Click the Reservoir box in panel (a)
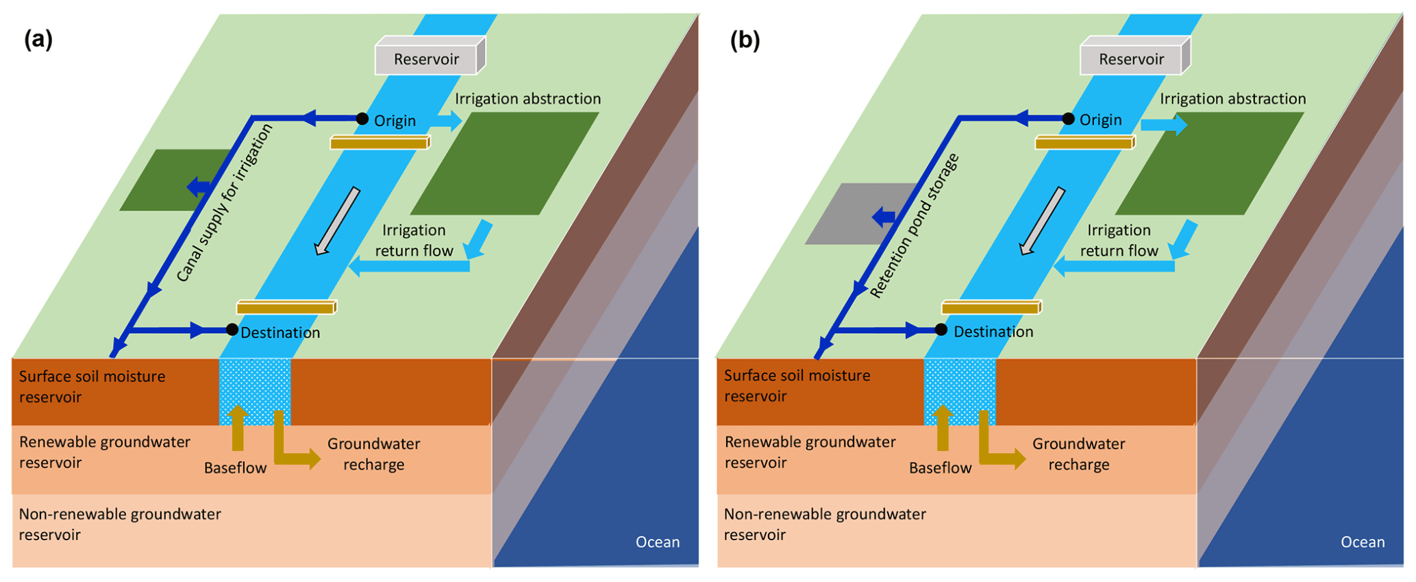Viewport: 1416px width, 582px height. coord(427,59)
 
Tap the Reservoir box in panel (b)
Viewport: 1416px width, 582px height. coord(1132,59)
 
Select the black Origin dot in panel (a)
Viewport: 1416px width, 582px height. coord(362,119)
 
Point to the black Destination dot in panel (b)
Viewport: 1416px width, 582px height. coord(941,330)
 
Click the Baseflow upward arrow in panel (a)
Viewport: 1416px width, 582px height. coord(238,428)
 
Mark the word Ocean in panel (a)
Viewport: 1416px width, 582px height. coord(658,542)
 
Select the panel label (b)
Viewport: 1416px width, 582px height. coord(745,40)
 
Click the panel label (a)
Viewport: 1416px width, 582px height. coord(38,39)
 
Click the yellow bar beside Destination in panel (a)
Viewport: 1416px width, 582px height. coord(286,307)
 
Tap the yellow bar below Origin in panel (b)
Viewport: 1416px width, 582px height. coord(1084,143)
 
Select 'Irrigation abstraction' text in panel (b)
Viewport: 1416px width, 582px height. coord(1232,99)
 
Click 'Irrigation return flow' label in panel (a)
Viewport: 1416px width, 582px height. coord(414,241)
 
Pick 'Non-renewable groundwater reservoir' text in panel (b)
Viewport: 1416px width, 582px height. coord(825,524)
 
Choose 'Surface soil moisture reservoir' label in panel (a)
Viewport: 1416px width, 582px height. coord(92,387)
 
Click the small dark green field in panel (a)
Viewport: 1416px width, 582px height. coord(168,180)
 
